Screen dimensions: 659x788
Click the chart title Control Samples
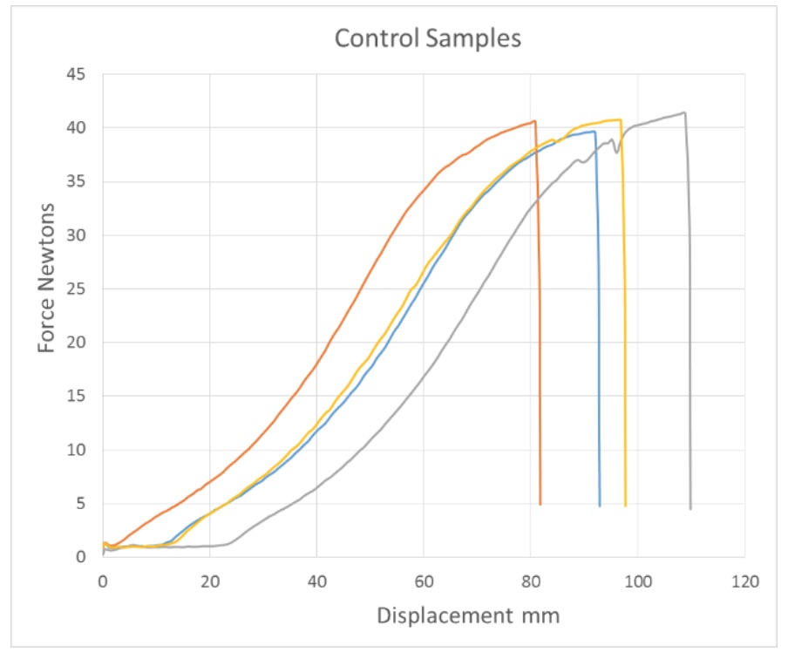pyautogui.click(x=428, y=38)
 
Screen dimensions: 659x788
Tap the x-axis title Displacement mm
pyautogui.click(x=468, y=615)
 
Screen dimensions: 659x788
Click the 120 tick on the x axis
pyautogui.click(x=744, y=578)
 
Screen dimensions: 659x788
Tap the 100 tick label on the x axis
pyautogui.click(x=637, y=578)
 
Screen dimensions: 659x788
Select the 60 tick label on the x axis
pyautogui.click(x=424, y=578)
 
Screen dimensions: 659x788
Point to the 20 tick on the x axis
pyautogui.click(x=209, y=578)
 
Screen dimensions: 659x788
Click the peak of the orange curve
pyautogui.click(x=534, y=121)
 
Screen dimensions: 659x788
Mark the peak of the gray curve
pyautogui.click(x=684, y=112)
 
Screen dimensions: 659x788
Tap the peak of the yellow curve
pyautogui.click(x=620, y=119)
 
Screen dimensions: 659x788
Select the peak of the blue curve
pyautogui.click(x=594, y=131)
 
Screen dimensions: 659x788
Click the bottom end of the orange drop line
pyautogui.click(x=541, y=504)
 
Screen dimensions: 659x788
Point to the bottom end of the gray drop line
pyautogui.click(x=690, y=508)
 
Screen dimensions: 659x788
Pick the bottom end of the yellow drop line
pyautogui.click(x=625, y=505)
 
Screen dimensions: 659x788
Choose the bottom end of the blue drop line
pyautogui.click(x=600, y=505)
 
